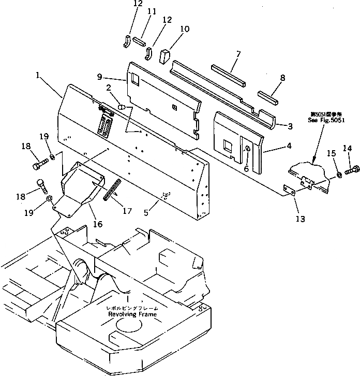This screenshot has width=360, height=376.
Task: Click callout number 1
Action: click(x=38, y=76)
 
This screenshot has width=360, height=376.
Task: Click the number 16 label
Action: click(x=97, y=224)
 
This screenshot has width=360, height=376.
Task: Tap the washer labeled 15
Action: click(x=339, y=175)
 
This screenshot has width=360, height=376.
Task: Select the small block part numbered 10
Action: click(x=165, y=55)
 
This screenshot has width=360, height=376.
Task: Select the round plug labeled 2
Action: click(x=121, y=107)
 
